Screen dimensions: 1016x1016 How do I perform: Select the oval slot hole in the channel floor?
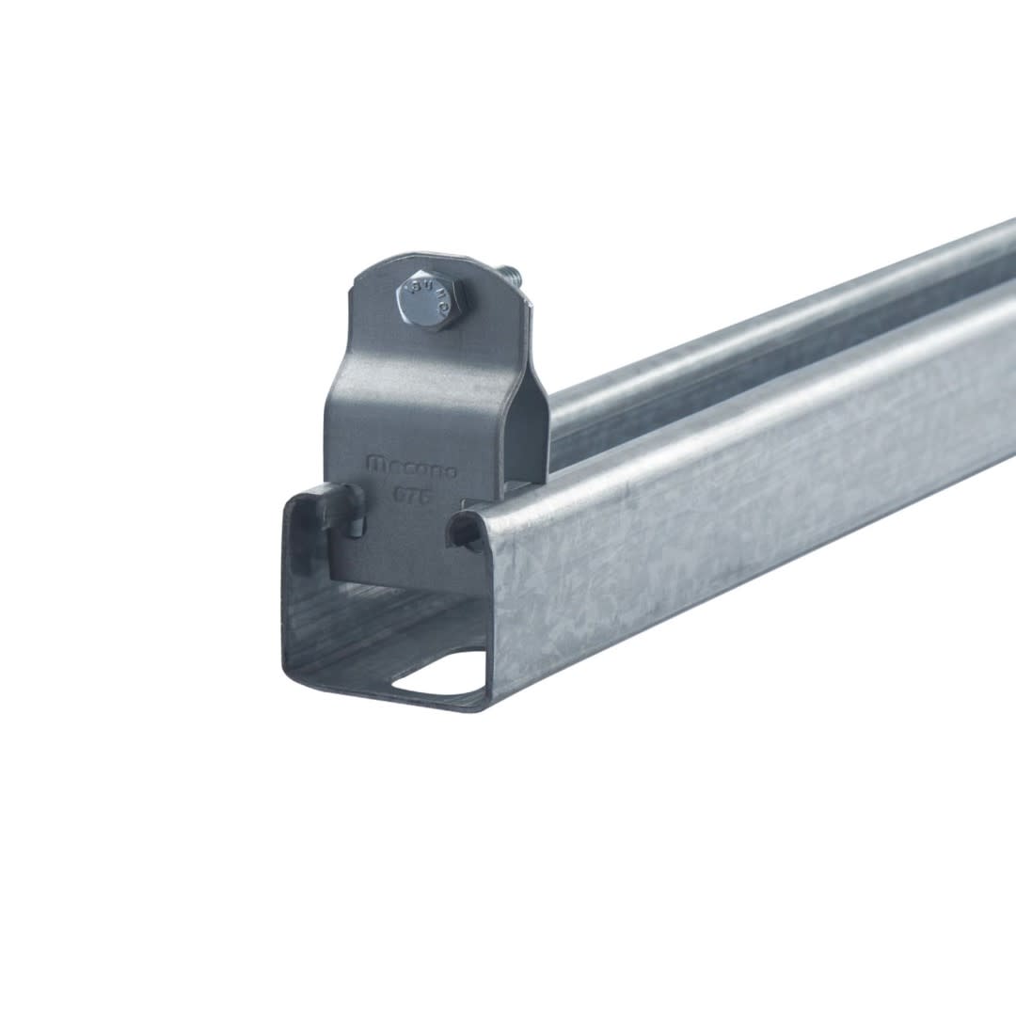point(437,679)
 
